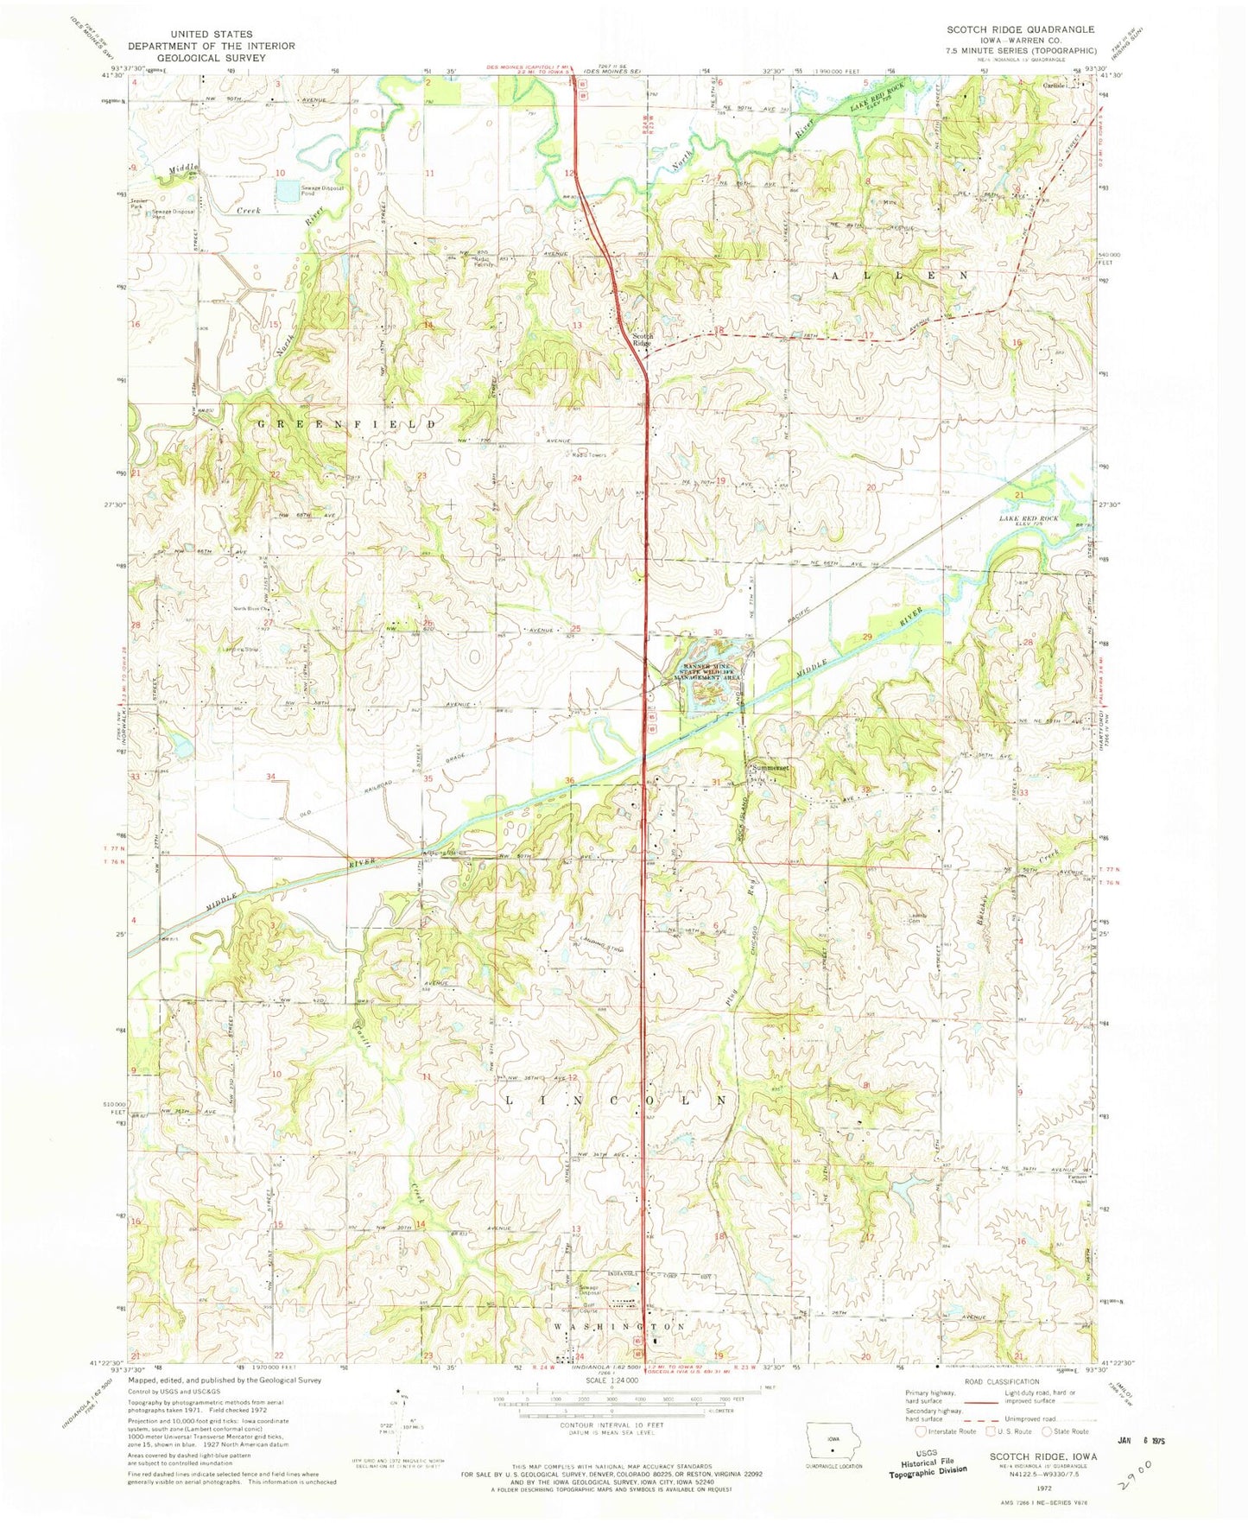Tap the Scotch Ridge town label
(642, 339)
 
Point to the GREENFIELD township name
(347, 424)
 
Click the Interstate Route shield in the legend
(923, 1431)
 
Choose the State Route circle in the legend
(1048, 1431)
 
